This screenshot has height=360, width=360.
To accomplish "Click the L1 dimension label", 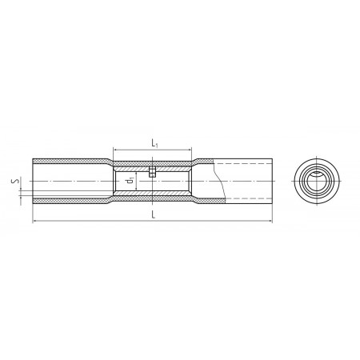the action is pyautogui.click(x=154, y=143).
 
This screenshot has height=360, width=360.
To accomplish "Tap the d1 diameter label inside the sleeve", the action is pyautogui.click(x=130, y=181).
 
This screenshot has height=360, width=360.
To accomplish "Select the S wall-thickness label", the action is pyautogui.click(x=15, y=182).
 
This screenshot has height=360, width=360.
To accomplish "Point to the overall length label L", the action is pyautogui.click(x=154, y=214).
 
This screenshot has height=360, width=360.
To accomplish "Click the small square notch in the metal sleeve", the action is pyautogui.click(x=152, y=172).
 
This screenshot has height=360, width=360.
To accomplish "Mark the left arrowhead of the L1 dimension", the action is pyautogui.click(x=115, y=150).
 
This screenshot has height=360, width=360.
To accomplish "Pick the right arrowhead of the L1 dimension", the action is pyautogui.click(x=190, y=150).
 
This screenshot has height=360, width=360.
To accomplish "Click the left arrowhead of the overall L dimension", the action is pyautogui.click(x=34, y=221).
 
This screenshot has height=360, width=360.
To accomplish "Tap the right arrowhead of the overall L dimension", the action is pyautogui.click(x=270, y=221).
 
